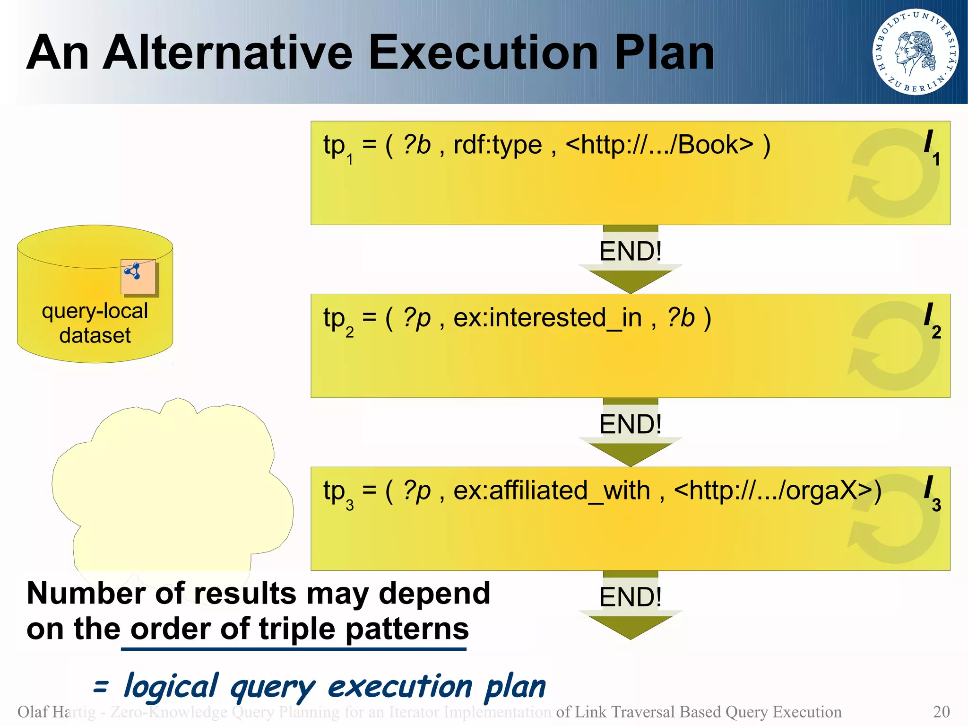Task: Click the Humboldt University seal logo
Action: point(915,52)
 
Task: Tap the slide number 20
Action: point(941,711)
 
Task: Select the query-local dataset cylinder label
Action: point(95,323)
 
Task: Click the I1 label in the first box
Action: point(932,147)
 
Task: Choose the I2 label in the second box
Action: point(932,320)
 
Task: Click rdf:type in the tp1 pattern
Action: point(497,145)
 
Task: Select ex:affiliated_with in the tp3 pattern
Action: point(552,491)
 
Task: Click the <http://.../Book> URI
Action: point(659,145)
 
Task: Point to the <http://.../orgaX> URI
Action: point(777,491)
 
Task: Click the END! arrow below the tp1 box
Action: point(630,259)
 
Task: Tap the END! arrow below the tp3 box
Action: point(630,605)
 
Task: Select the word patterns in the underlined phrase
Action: point(407,630)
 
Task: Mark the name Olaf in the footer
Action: point(32,711)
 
